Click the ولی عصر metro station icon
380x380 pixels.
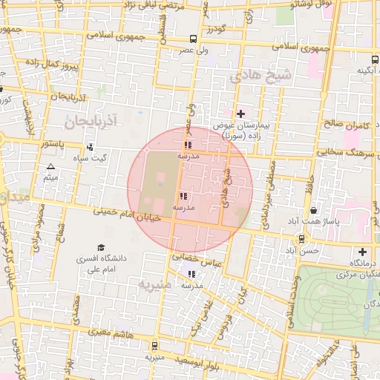click(193, 39)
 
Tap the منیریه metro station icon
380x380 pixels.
click(154, 345)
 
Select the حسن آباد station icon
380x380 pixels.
click(301, 239)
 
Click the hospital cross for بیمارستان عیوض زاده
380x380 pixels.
click(240, 114)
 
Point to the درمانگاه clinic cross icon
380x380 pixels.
click(362, 252)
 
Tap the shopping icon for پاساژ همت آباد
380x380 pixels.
click(314, 211)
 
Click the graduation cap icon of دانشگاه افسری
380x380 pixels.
click(101, 247)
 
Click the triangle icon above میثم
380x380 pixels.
click(50, 166)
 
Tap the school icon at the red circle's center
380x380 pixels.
click(183, 197)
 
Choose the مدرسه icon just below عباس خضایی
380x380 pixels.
click(193, 273)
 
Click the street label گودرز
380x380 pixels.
click(216, 30)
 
